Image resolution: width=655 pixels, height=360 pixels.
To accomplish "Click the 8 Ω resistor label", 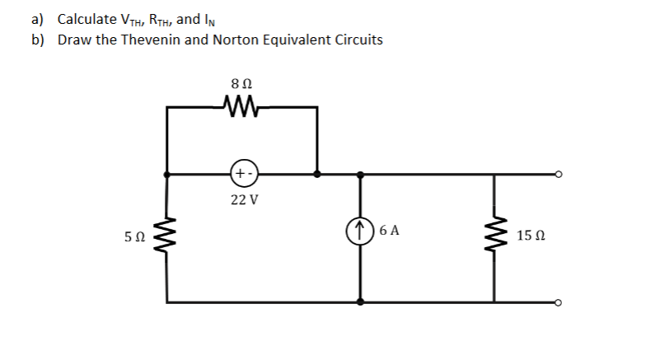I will [243, 84].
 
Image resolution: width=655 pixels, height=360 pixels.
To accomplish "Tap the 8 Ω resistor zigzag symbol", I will [242, 105].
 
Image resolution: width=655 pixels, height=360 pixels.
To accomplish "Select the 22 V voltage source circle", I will [244, 175].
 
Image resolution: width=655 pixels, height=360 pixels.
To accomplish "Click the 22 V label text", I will [244, 200].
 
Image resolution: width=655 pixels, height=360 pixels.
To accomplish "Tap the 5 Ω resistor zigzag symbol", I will [169, 236].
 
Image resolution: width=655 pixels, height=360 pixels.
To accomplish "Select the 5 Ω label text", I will [135, 237].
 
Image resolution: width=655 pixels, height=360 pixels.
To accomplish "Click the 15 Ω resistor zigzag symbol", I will [494, 236].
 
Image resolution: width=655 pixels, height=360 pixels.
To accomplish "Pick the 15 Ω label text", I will [531, 237].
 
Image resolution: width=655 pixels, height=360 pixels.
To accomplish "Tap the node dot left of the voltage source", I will [168, 175].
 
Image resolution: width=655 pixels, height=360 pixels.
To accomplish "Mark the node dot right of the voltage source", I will [318, 175].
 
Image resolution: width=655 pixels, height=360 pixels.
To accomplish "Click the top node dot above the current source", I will [360, 175].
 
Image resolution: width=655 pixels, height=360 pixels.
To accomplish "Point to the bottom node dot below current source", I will [360, 302].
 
